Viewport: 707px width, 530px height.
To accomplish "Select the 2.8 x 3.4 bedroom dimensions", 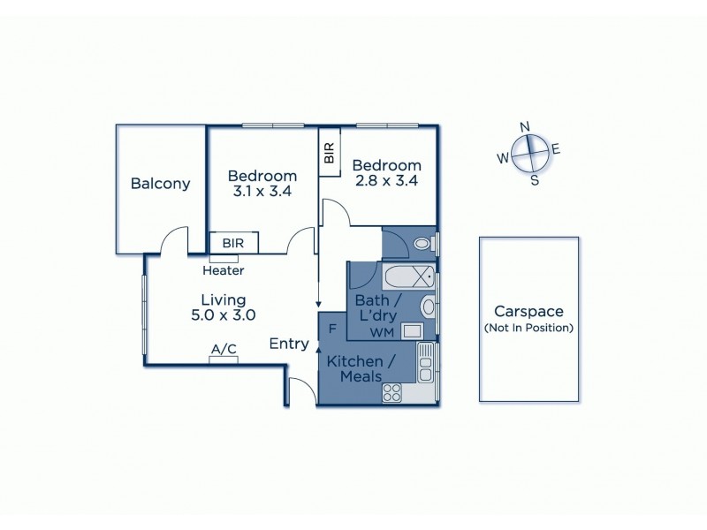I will pyautogui.click(x=384, y=181).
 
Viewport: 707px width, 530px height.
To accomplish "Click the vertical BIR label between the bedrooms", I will pyautogui.click(x=329, y=155).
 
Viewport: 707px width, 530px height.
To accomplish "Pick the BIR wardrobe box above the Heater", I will pyautogui.click(x=233, y=242).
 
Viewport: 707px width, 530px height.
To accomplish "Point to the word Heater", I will pyautogui.click(x=223, y=270).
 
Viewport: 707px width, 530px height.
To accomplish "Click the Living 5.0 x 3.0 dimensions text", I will pyautogui.click(x=223, y=314).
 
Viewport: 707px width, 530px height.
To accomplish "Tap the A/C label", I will pyautogui.click(x=223, y=350).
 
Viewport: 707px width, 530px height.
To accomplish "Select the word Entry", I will pyautogui.click(x=289, y=344).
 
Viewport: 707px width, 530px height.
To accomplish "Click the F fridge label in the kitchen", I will pyautogui.click(x=331, y=329).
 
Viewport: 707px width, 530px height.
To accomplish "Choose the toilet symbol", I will pyautogui.click(x=422, y=243).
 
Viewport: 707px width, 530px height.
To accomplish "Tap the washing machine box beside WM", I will pyautogui.click(x=412, y=331).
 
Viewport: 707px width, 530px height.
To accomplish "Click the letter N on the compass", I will pyautogui.click(x=525, y=126).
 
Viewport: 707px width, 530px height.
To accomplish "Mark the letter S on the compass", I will pyautogui.click(x=534, y=180).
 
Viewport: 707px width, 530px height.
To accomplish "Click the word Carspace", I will pyautogui.click(x=528, y=312).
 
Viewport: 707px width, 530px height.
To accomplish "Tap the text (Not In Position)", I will pyautogui.click(x=528, y=328).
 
